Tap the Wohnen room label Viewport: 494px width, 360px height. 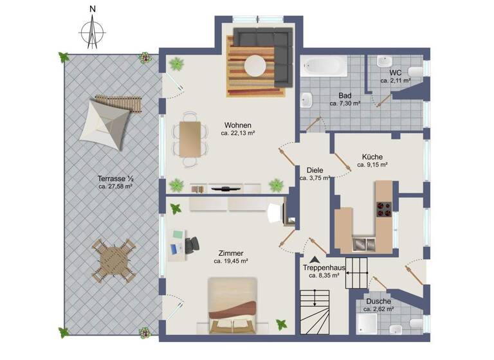(237, 125)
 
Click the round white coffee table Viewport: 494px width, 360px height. (256, 66)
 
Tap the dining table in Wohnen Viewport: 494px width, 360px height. (191, 139)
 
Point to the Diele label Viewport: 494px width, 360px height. (315, 171)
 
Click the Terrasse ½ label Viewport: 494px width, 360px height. (116, 178)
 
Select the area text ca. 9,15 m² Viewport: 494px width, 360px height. (372, 165)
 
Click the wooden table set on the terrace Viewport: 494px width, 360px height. (114, 261)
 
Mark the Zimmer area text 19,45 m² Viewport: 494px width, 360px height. (232, 262)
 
